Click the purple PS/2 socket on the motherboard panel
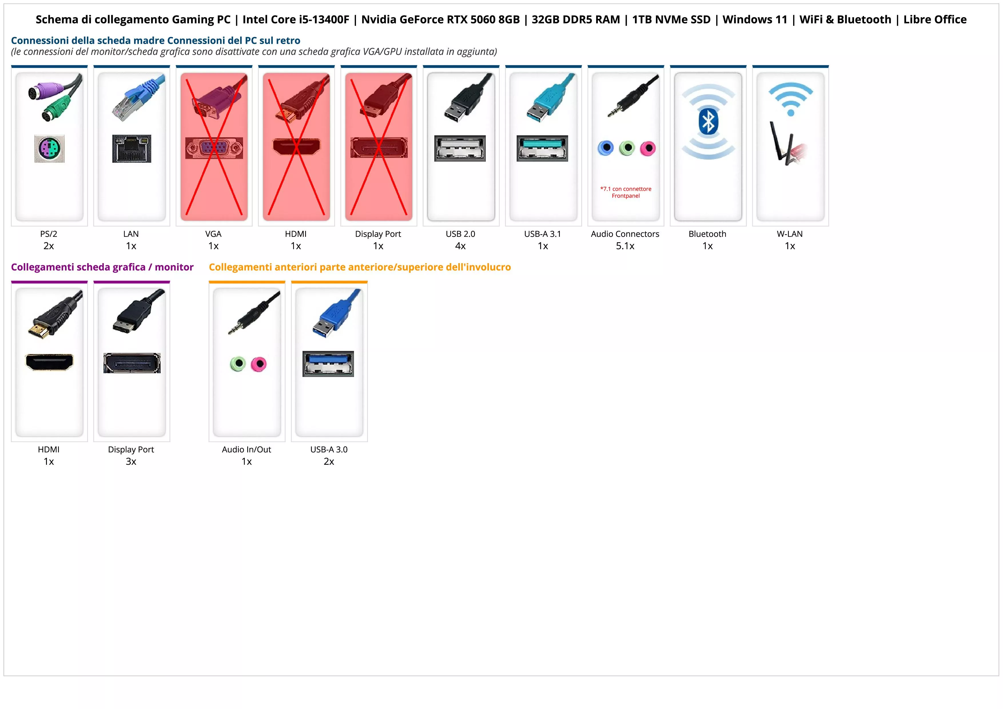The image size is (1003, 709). (49, 148)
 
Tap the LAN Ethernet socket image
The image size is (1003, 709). (132, 148)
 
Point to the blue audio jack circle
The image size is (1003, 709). (606, 148)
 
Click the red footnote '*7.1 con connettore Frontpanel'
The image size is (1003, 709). (626, 192)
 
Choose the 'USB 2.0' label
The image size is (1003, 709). (460, 234)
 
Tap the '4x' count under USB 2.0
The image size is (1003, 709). (460, 246)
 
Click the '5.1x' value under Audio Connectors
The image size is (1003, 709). (625, 246)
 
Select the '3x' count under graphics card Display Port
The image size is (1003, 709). (131, 461)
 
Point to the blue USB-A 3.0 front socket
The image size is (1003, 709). (328, 364)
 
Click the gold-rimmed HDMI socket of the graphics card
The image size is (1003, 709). (49, 362)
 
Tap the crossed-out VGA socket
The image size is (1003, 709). (214, 148)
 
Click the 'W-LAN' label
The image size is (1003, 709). (790, 234)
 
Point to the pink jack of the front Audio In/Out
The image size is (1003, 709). (259, 364)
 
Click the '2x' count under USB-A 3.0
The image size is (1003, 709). (329, 461)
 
